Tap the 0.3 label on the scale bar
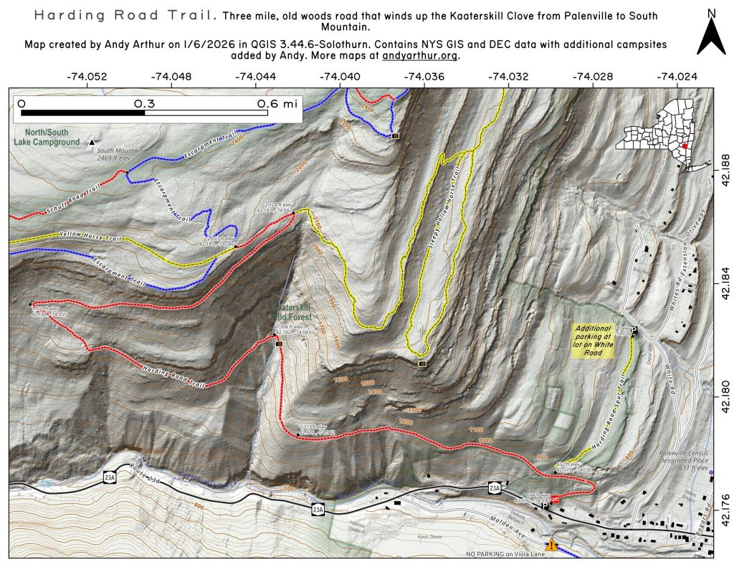coord(145,103)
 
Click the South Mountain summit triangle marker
coord(92,142)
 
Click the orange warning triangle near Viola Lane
coord(551,545)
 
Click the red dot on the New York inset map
coord(685,145)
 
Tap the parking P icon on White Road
coord(634,330)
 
